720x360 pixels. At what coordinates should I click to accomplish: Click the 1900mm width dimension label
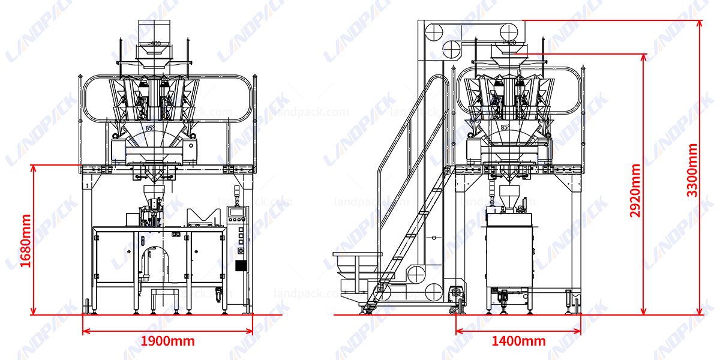coord(167,341)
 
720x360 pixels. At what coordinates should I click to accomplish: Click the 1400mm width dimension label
coord(518,341)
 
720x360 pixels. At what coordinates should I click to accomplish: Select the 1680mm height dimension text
coord(25,241)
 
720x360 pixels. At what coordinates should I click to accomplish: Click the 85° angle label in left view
coord(149,128)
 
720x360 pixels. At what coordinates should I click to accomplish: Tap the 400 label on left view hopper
coord(155,43)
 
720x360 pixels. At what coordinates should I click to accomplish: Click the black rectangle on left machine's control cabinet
coord(241,266)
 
